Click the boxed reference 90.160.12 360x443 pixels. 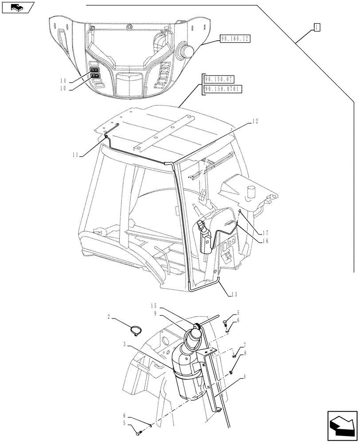click(235, 39)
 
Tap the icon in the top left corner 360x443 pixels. click(18, 7)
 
